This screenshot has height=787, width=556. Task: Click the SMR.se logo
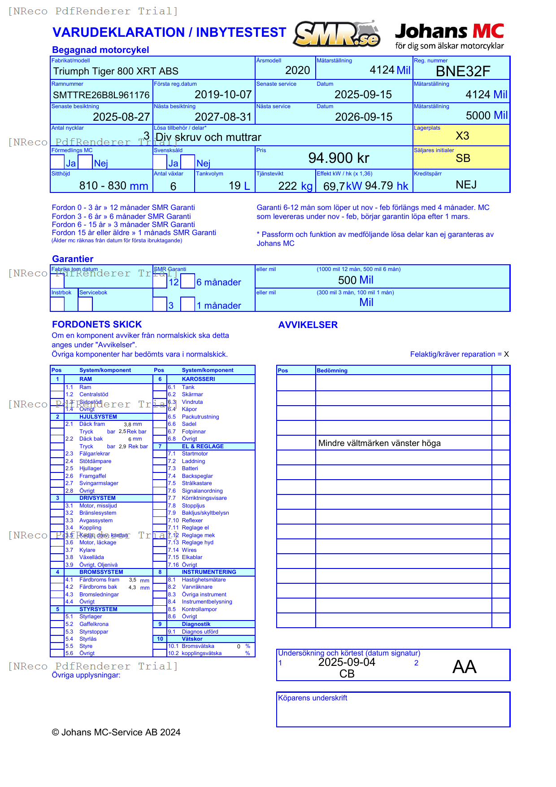tap(336, 34)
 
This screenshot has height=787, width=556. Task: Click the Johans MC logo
tap(449, 36)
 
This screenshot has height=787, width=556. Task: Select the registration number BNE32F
tap(463, 71)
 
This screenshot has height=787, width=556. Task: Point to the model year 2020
tap(297, 70)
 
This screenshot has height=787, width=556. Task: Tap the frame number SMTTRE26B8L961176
tap(101, 95)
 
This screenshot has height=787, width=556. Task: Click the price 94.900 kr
tap(339, 158)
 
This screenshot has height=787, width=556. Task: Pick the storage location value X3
tap(462, 136)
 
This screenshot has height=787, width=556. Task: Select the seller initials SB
tap(463, 158)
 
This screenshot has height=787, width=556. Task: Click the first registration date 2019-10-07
tap(223, 95)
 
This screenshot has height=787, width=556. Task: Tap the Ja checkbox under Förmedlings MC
tap(57, 162)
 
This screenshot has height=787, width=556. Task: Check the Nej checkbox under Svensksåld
tap(188, 162)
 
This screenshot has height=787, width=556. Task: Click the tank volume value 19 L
tap(239, 186)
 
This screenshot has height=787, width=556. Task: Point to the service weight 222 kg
tap(295, 186)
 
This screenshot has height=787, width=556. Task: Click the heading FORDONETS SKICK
tap(97, 324)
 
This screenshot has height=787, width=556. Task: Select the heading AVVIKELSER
tap(308, 325)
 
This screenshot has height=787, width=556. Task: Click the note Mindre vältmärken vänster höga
tap(379, 443)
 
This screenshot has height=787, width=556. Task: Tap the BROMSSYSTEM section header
tap(101, 572)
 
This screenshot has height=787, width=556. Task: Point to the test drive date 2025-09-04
tap(347, 662)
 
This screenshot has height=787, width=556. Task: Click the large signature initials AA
tap(464, 667)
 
